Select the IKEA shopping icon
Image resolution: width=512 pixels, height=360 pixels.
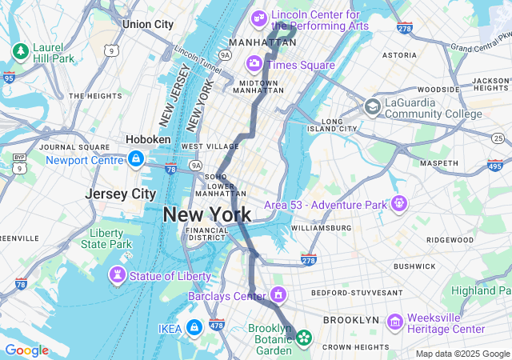pos(194,327)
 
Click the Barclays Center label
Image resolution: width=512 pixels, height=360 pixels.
pos(226,297)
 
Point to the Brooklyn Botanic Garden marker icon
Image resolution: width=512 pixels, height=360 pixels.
pos(304,338)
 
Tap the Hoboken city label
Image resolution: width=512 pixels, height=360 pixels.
pos(148,139)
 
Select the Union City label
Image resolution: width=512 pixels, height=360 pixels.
pos(147,24)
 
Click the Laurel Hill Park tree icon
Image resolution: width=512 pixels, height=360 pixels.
pos(20,52)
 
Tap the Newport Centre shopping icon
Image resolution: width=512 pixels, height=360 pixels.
pos(136,158)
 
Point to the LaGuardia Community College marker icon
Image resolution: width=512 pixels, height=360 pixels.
pos(373,106)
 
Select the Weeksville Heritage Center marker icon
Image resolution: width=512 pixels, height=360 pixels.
pos(394,322)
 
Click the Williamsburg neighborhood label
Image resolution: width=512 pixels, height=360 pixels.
pos(321,228)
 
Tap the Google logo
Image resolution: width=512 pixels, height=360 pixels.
pos(26,350)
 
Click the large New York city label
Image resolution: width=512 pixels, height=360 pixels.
pos(206,214)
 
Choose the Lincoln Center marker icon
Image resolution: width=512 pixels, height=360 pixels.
pos(259,18)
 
